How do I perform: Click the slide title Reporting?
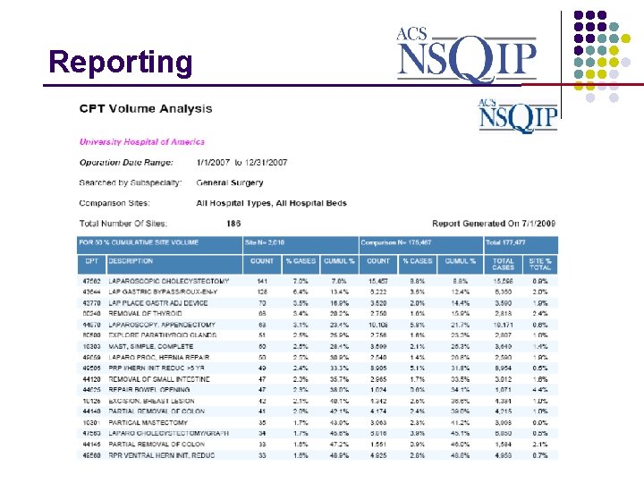point(121,62)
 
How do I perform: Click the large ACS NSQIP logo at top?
point(467,53)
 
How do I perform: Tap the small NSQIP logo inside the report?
point(518,116)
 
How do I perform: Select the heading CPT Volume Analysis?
point(146,109)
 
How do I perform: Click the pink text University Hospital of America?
point(142,141)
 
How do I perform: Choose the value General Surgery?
point(229,182)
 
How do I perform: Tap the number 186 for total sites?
point(233,223)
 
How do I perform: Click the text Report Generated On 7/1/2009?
point(494,223)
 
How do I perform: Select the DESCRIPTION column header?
point(131,260)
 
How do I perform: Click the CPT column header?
point(91,260)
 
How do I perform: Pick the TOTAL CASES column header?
point(504,264)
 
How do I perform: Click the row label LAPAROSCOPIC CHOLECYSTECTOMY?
point(168,282)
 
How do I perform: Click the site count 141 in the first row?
point(262,282)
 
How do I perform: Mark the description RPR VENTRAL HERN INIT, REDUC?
point(161,453)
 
